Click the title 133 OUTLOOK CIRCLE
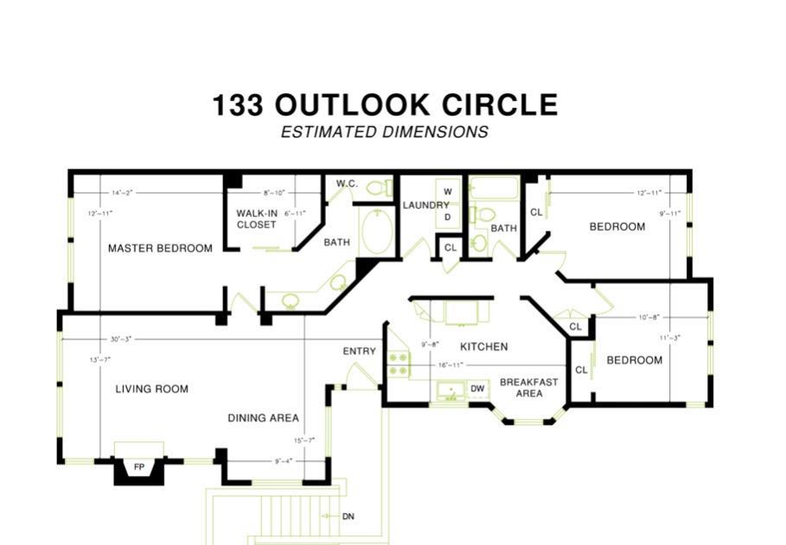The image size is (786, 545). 385,105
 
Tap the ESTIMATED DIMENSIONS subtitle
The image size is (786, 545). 385,132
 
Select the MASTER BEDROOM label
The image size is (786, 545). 160,248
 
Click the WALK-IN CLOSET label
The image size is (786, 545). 257,219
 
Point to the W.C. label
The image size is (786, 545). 347,183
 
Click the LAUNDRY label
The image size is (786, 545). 425,205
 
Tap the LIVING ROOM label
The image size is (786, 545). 152,389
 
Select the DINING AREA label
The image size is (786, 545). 263,418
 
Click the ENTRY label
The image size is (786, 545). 359,351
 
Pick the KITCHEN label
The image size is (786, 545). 483,346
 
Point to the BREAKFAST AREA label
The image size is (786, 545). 528,387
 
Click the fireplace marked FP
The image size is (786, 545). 138,467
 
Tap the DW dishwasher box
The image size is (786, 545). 477,390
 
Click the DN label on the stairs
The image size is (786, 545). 348,516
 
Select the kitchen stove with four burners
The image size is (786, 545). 398,364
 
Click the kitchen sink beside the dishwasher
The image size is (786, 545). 450,392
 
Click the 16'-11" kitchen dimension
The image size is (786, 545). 451,365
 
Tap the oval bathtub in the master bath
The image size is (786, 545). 375,231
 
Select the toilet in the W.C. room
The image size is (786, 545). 377,187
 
